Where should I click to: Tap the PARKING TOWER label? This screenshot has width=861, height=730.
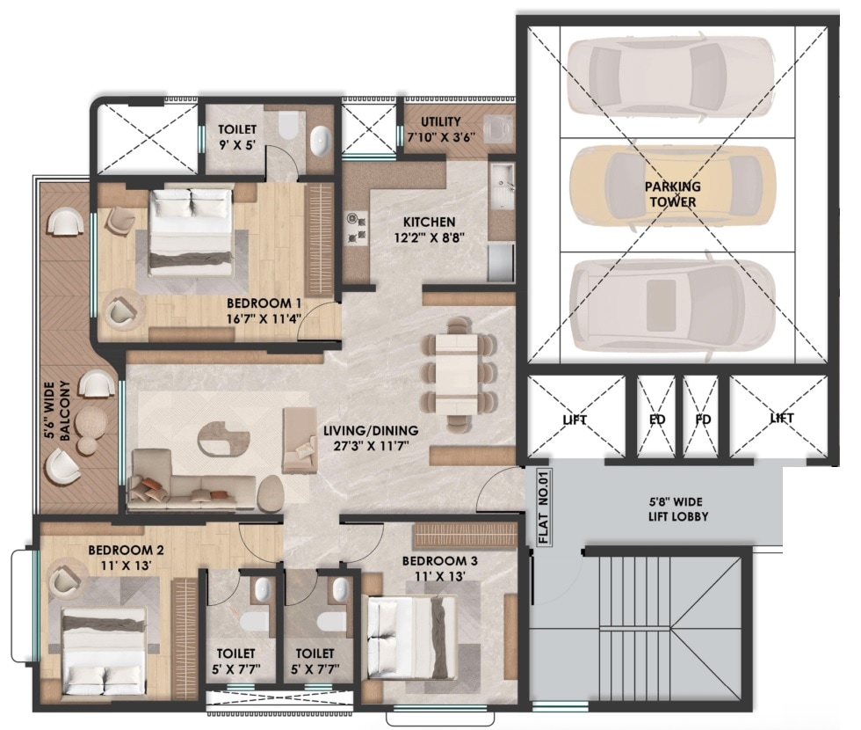(673, 194)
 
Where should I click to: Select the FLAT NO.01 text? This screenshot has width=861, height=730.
(543, 509)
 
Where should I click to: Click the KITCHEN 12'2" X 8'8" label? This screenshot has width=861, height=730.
(429, 230)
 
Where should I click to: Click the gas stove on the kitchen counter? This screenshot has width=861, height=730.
(357, 226)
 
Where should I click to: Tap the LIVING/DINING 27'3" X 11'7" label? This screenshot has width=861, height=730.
(371, 438)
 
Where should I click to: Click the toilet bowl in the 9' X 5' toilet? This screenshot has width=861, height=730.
(286, 129)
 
